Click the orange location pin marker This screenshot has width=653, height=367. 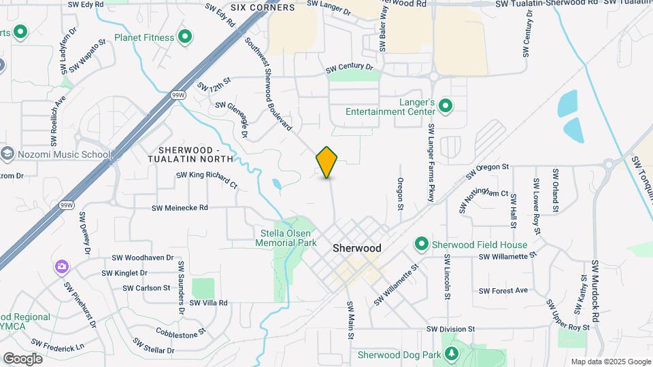326,162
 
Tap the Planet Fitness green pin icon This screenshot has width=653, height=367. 184,37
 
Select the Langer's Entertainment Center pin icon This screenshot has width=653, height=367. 446,105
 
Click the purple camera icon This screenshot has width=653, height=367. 62,266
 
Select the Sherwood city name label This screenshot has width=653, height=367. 357,248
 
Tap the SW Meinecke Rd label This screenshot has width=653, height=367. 180,207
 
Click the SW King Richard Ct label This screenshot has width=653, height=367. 207,179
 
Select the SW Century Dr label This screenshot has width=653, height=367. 350,69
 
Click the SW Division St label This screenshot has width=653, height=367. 451,329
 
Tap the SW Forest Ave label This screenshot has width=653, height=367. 503,290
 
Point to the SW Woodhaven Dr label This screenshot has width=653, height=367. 139,258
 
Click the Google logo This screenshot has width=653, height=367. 22,358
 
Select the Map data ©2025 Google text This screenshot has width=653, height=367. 610,362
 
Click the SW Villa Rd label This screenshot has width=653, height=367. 208,302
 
